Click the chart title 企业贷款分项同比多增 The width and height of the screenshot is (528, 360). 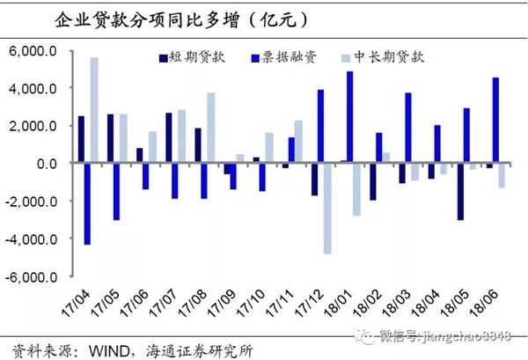click(x=168, y=18)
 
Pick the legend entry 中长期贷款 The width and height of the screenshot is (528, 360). click(x=395, y=56)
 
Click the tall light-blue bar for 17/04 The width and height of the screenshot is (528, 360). click(x=94, y=110)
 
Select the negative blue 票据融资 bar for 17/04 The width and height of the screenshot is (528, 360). click(x=87, y=203)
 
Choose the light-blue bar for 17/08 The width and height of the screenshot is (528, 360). click(x=211, y=128)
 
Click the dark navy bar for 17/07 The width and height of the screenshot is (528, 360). click(x=168, y=138)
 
